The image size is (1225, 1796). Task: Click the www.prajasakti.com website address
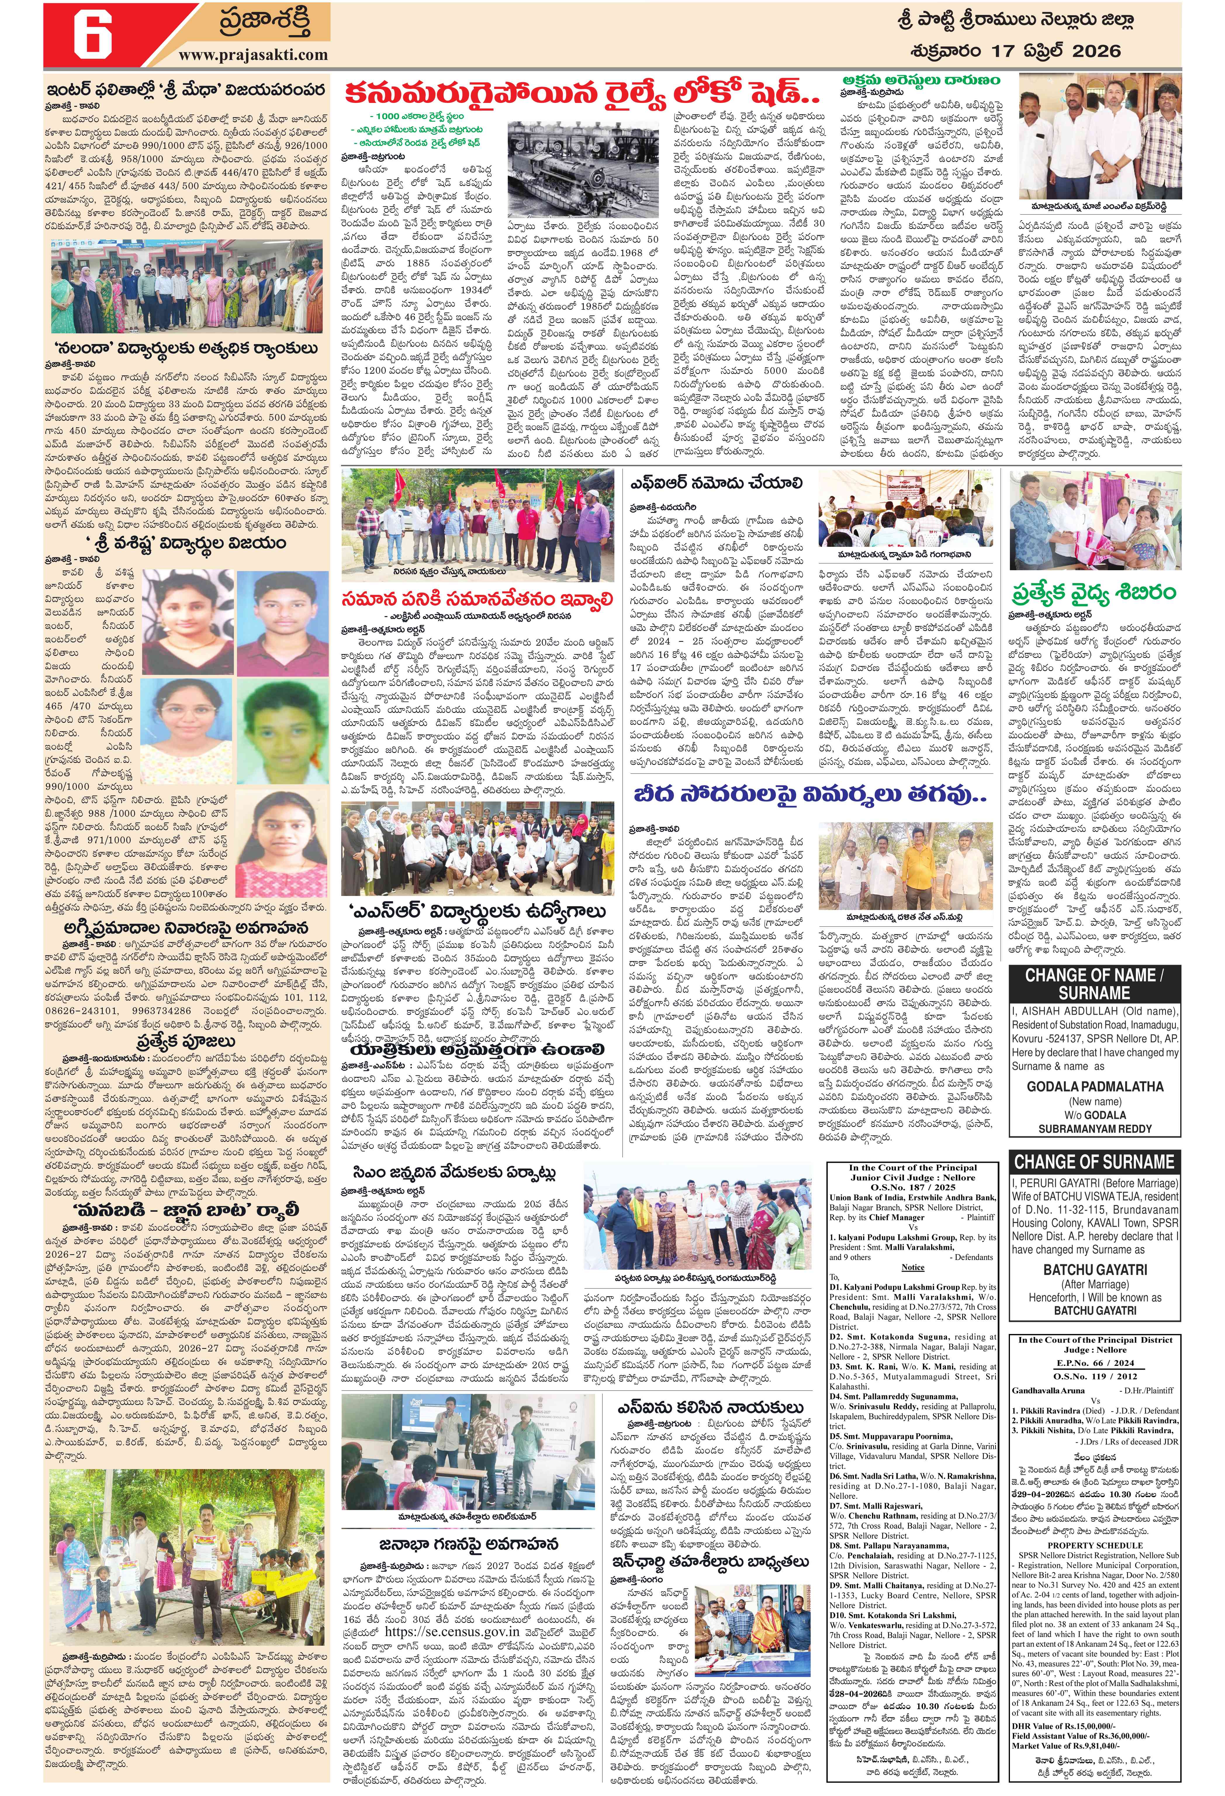tap(253, 55)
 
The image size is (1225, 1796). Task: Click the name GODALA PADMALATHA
tap(1094, 1086)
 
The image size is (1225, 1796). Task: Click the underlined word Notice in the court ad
tap(912, 1267)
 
